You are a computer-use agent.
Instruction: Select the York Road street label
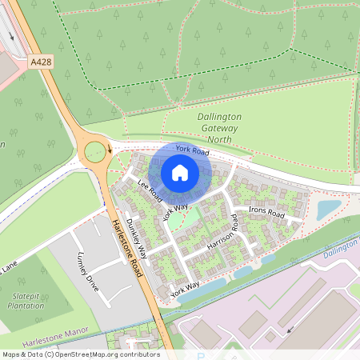[192, 150]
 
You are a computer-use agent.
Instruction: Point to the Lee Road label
[150, 191]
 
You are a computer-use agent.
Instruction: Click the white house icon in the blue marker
[180, 172]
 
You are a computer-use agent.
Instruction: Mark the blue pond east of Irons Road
[329, 210]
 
